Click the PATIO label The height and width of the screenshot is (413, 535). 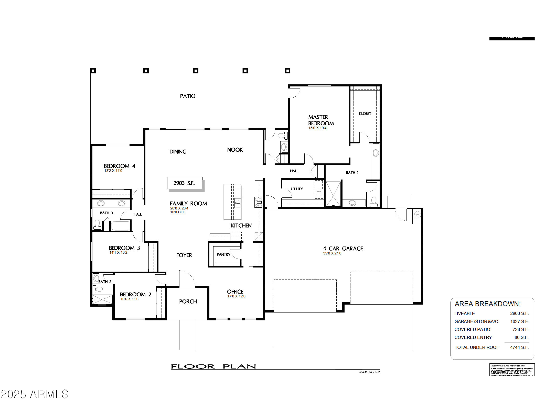pos(188,96)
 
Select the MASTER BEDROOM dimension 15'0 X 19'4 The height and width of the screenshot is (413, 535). pos(317,128)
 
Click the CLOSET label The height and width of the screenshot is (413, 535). pos(365,114)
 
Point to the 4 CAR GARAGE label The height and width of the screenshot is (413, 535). pos(343,249)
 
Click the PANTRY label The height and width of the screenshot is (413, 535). pos(223,254)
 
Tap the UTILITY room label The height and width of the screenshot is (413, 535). pos(297,189)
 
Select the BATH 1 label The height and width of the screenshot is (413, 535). pos(352,173)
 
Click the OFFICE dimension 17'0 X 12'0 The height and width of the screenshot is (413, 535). pos(236,296)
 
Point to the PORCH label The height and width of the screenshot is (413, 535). pos(188,302)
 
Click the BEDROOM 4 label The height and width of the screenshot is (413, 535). pos(119,166)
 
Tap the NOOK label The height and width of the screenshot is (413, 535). pos(235,150)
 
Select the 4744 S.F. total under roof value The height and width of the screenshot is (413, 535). pos(519,347)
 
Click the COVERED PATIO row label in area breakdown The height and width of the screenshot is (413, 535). pos(472,329)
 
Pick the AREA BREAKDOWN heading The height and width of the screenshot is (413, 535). pos(487,304)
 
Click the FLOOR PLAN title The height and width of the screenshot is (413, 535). pos(213,366)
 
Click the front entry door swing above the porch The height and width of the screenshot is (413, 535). pos(187,279)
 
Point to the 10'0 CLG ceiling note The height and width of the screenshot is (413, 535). pos(178,212)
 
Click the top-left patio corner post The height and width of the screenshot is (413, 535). pos(93,71)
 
